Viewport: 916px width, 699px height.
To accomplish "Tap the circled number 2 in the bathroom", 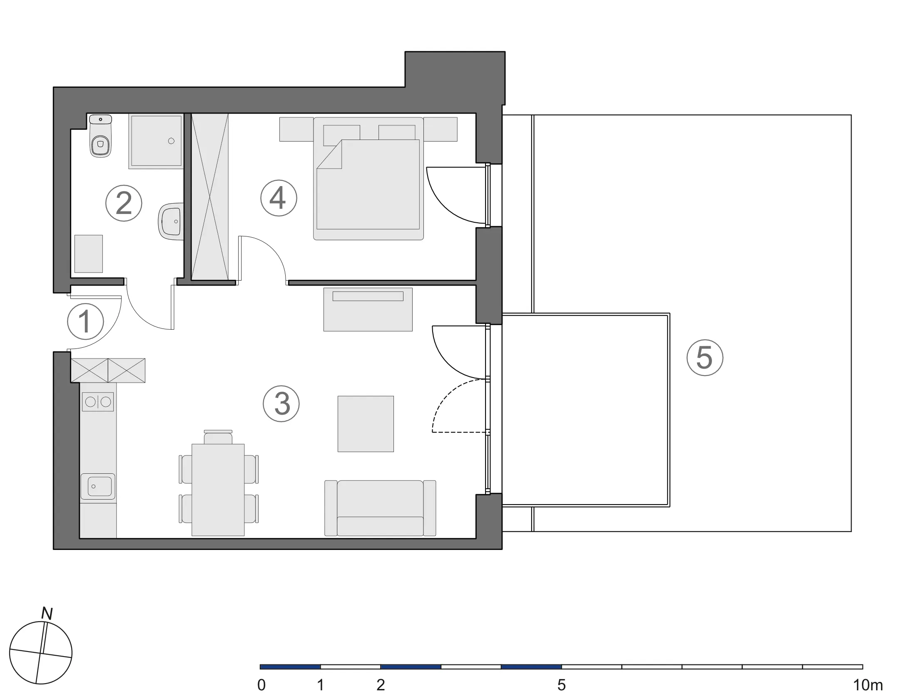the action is click(x=124, y=203).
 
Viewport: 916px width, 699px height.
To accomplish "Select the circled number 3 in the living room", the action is click(x=281, y=403).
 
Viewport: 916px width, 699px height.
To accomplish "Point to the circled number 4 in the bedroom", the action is click(x=279, y=198).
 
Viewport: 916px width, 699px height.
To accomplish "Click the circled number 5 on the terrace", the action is click(x=705, y=358).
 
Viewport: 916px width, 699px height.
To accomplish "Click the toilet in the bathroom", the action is click(x=100, y=136).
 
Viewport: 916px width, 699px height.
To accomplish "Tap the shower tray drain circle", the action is click(x=171, y=141).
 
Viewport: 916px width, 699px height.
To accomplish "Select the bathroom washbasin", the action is click(x=171, y=221).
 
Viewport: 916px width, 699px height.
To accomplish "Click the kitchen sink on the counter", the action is click(x=98, y=486).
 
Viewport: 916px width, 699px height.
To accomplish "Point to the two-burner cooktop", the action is click(x=98, y=402).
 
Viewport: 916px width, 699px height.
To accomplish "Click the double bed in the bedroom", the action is click(x=368, y=178).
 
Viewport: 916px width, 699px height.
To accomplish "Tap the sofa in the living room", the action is click(x=380, y=508).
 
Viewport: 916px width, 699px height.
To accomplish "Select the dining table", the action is click(x=218, y=490).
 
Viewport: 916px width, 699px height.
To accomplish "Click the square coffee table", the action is click(x=366, y=424).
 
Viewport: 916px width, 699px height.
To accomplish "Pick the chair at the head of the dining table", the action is click(x=218, y=437).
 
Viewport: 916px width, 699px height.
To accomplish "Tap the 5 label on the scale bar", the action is click(x=561, y=685).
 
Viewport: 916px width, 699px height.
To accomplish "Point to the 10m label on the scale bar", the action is click(x=868, y=685).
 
